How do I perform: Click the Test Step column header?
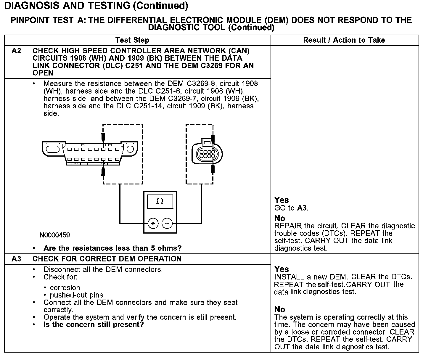point(132,40)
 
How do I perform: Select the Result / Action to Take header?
point(344,40)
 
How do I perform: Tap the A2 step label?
point(17,51)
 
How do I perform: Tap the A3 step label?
point(17,259)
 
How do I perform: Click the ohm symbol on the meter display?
point(160,202)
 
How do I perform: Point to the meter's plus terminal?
point(153,224)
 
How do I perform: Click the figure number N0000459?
point(55,235)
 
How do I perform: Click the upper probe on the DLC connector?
point(103,138)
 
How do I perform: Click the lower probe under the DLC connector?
point(103,172)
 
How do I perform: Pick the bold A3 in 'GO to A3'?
point(302,208)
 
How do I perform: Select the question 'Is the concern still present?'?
point(94,325)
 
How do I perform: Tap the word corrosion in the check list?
point(65,288)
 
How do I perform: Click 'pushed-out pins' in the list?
point(76,295)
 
